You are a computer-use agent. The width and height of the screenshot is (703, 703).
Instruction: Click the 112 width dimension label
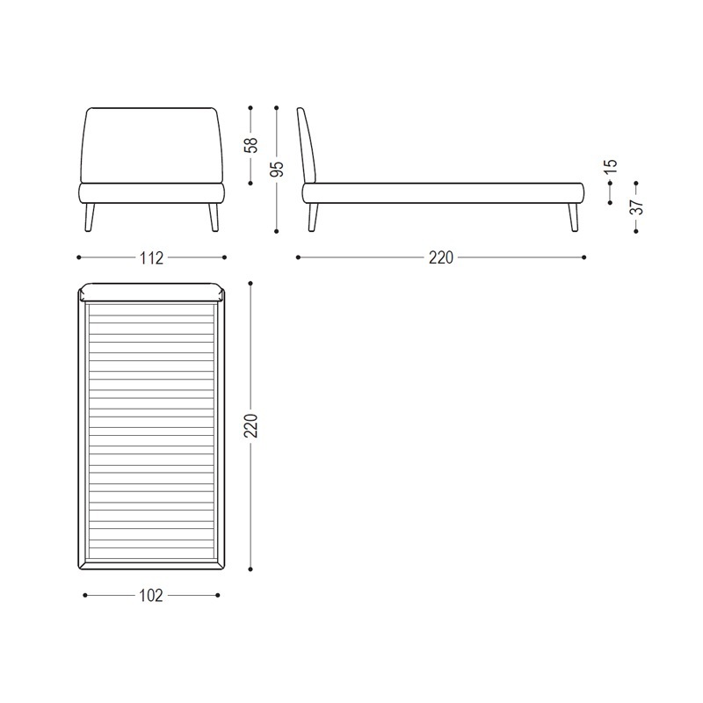(x=151, y=257)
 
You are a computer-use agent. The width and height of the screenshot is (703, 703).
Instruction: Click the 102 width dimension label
(x=151, y=596)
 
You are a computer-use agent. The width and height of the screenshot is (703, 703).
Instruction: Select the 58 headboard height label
(x=251, y=145)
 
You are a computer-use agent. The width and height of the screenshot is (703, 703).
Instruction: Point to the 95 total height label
(x=278, y=169)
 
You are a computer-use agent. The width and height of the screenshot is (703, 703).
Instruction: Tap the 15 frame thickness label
(x=611, y=166)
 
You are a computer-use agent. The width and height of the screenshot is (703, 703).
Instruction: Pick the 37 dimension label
(x=636, y=207)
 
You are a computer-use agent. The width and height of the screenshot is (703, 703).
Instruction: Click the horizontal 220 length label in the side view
(x=441, y=257)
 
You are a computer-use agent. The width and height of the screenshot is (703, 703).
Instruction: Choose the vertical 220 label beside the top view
(x=251, y=425)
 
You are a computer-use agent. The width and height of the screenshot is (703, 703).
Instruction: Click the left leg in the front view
(x=91, y=217)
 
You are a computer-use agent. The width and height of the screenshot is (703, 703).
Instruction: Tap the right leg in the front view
(x=214, y=217)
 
